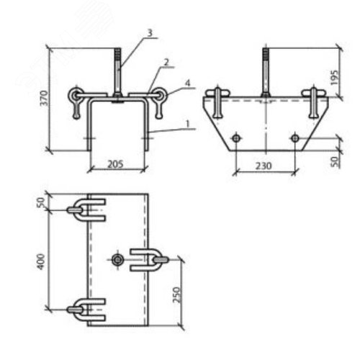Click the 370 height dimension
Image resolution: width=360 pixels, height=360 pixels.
point(44,98)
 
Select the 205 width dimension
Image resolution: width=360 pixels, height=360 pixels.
point(115,164)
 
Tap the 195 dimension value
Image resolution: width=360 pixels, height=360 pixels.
point(334,78)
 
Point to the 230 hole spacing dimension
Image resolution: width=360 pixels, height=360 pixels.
point(264,166)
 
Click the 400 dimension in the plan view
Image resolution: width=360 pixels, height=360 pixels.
point(41,261)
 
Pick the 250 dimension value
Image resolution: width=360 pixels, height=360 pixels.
point(176,294)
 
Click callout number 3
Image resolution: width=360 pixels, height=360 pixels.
point(150,33)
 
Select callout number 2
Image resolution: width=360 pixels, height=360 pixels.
point(166,63)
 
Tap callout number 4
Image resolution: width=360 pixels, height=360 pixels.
point(187,83)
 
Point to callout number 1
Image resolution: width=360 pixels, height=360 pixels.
point(188,124)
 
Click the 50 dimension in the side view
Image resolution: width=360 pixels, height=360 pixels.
point(335,161)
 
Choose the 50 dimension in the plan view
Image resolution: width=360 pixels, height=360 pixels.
point(41,202)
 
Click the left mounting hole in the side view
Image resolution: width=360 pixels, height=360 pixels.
point(236,138)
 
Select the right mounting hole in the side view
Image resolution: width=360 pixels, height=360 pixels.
point(294,138)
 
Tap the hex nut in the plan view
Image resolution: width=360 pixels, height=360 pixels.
point(117,260)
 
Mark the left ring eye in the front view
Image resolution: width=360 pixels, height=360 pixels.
point(75,95)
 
